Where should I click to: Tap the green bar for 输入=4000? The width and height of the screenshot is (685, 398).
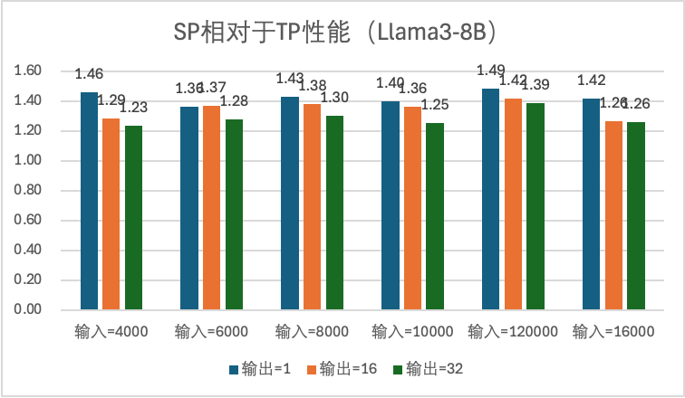[133, 218]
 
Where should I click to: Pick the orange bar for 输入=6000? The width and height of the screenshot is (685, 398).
[211, 208]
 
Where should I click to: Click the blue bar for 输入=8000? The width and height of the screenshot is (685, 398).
[289, 204]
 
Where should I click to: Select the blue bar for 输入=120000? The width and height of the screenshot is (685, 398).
[490, 199]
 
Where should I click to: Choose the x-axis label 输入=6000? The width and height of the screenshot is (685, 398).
[211, 332]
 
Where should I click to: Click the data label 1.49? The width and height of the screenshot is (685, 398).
[492, 71]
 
